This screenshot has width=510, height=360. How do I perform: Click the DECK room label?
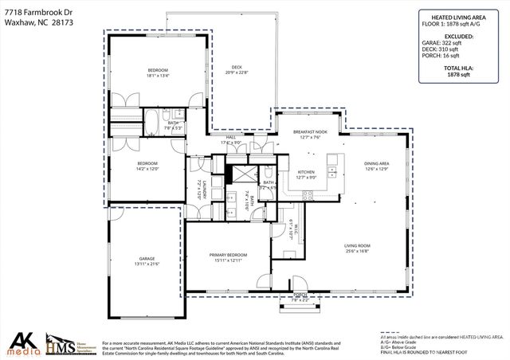pos(237,67)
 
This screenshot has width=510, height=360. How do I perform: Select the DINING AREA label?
pos(377,163)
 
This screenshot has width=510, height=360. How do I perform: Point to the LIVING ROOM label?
pos(358,245)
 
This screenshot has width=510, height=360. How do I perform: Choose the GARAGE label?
pos(147,259)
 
